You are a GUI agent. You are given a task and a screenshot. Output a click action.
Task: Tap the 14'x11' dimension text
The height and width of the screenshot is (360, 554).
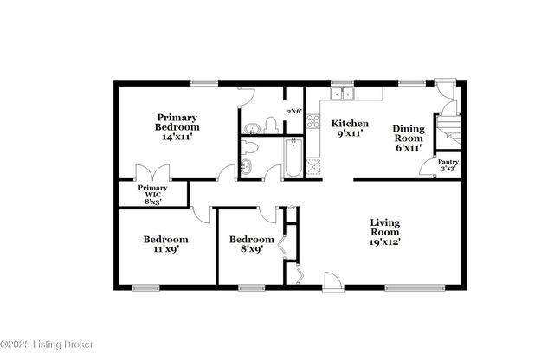(x=177, y=136)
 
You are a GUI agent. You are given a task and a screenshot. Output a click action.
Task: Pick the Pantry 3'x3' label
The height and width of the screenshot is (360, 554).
(x=448, y=165)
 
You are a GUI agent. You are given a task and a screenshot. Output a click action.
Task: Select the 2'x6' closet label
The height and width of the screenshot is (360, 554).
(x=294, y=111)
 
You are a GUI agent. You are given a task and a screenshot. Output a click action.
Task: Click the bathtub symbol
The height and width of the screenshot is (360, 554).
(x=293, y=158)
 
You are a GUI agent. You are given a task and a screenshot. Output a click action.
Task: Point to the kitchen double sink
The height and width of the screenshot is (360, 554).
(x=345, y=93)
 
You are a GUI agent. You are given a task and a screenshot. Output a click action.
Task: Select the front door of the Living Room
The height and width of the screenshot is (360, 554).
(x=331, y=280)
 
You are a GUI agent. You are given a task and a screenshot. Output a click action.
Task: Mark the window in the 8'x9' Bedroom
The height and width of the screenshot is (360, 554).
(x=251, y=286)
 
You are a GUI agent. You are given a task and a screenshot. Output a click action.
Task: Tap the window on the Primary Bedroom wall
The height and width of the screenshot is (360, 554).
(x=204, y=83)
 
